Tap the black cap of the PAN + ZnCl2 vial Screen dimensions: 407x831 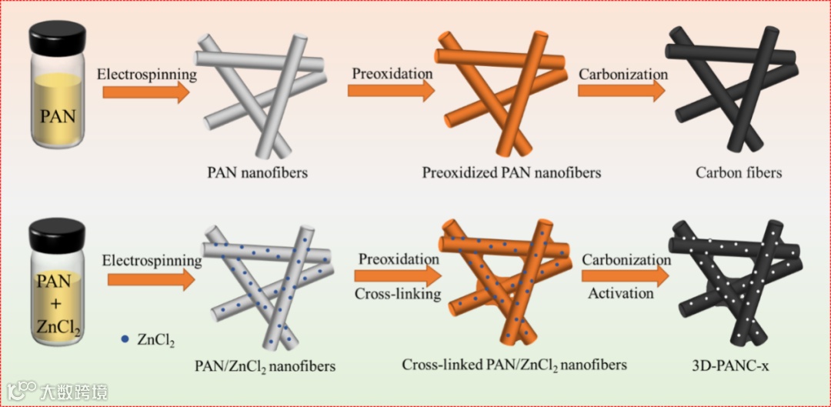pos(58,229)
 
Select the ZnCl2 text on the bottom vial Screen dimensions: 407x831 pos(58,326)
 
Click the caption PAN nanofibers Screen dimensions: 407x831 pos(257,172)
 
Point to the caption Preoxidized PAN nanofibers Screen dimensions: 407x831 pos(511,172)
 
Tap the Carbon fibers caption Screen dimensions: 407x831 pos(739,172)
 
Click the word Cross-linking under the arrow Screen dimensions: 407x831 pos(398,294)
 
